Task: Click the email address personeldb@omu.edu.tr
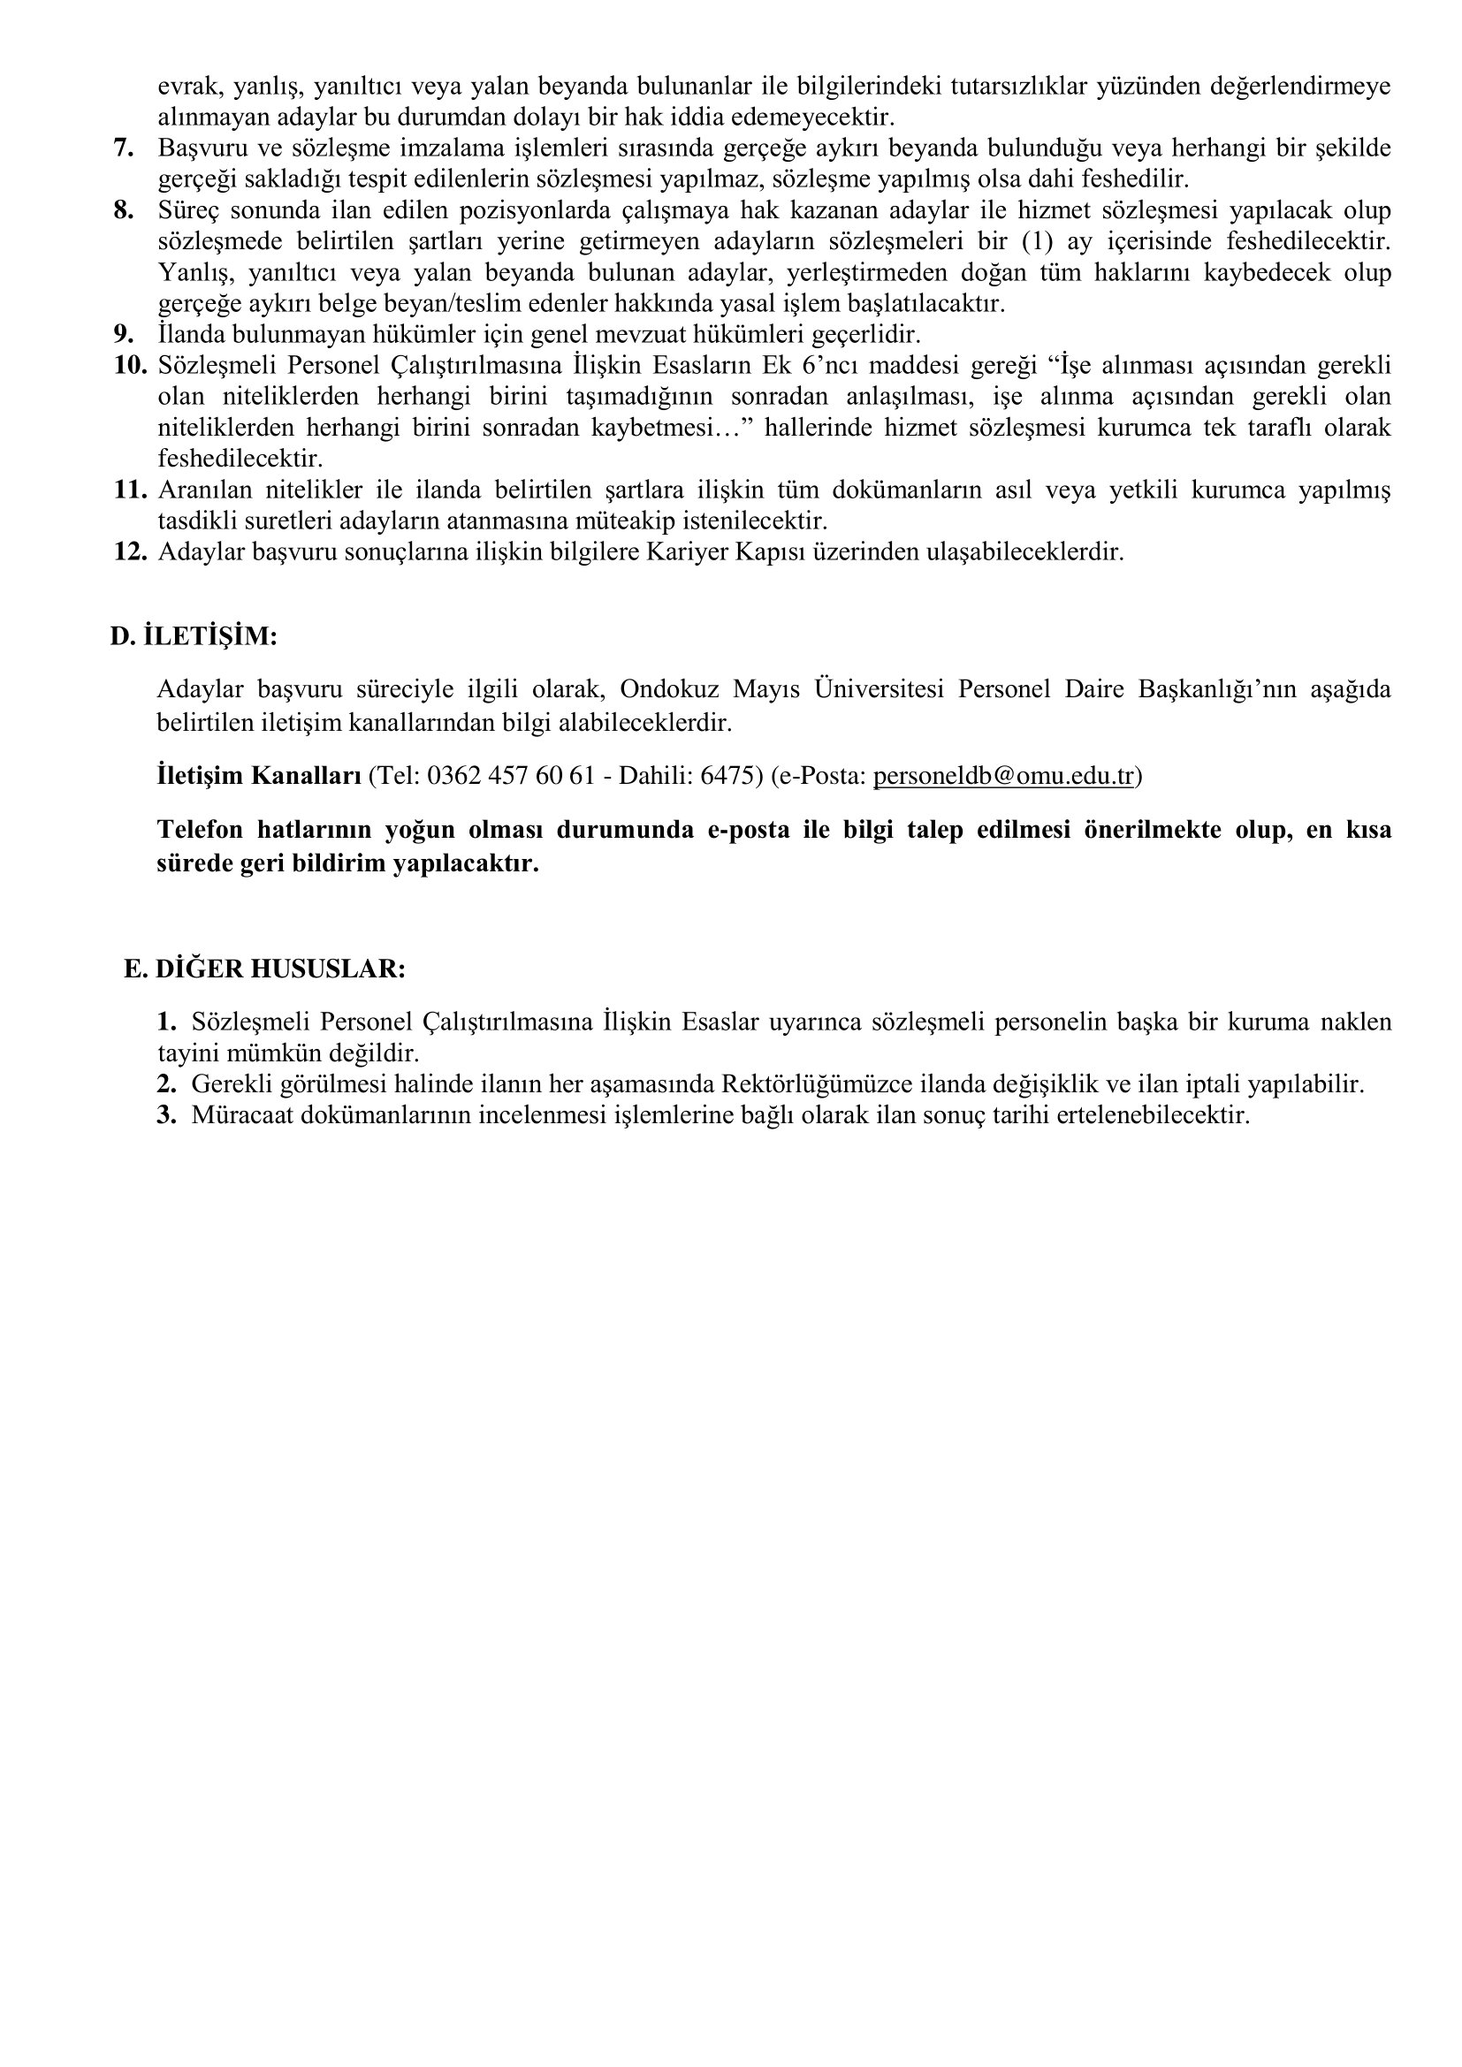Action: pos(1003,776)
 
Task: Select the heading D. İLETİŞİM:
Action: pos(194,636)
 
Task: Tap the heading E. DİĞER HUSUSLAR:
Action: pos(264,969)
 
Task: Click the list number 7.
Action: pos(125,148)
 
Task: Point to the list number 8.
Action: pos(125,210)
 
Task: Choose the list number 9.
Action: pos(125,335)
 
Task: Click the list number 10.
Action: pos(130,366)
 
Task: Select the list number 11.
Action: pos(130,490)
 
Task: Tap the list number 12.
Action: pos(130,551)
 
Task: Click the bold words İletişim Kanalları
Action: pos(259,776)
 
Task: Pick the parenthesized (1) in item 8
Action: pos(1037,241)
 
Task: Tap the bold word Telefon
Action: pos(200,830)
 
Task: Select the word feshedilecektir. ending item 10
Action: pos(240,460)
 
